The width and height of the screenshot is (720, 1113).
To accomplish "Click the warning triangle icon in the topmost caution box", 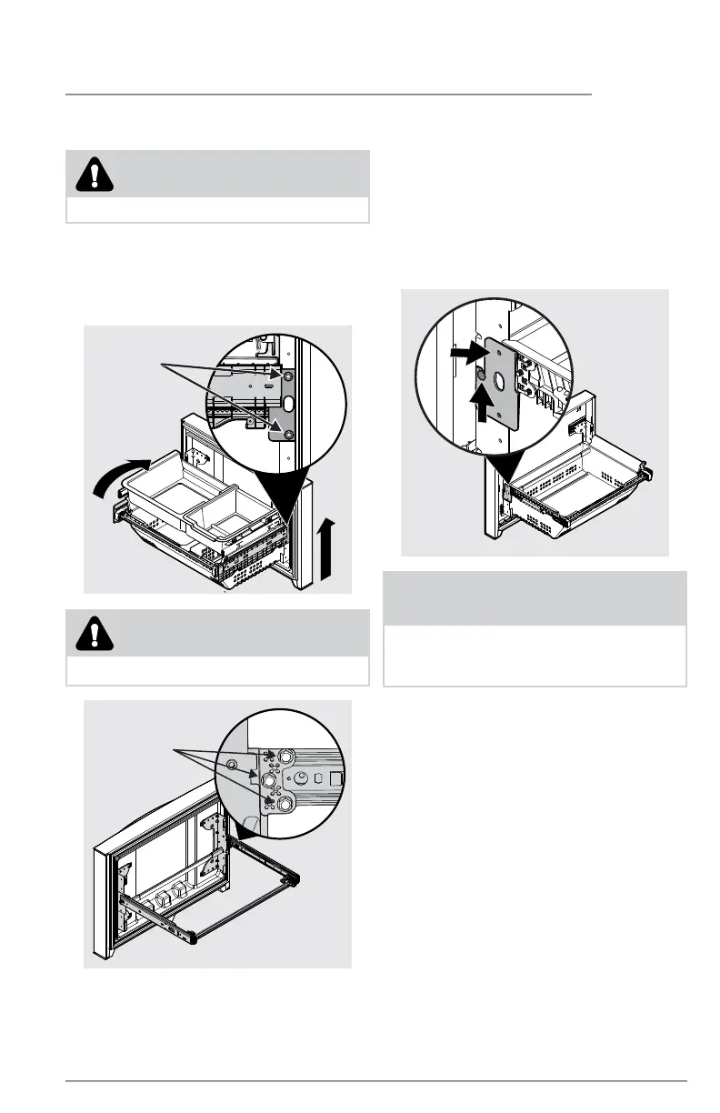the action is (x=94, y=174).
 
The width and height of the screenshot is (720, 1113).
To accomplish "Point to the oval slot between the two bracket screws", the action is (x=287, y=404).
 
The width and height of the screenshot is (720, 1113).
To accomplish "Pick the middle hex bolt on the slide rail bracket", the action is (x=271, y=780).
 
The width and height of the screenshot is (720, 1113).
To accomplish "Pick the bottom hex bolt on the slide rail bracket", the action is (x=285, y=803).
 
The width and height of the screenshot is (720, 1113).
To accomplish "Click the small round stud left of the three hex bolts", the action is (x=231, y=763).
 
